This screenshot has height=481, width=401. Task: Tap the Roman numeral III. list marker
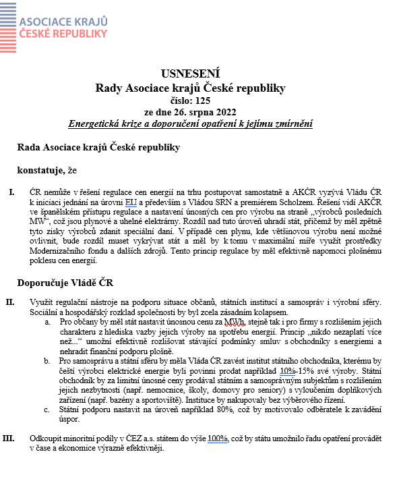[x=9, y=438]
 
